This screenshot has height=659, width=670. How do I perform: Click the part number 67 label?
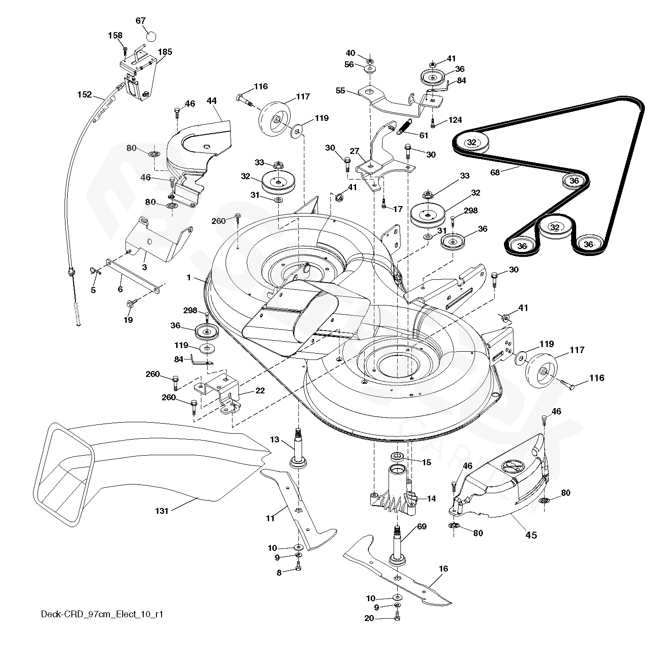click(140, 21)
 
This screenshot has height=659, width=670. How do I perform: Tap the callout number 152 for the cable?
click(84, 95)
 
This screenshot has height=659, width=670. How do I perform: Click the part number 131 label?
click(162, 511)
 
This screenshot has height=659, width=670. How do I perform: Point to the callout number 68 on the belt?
click(495, 172)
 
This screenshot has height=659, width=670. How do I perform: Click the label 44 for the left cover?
click(211, 100)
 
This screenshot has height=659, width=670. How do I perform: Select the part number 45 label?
click(531, 534)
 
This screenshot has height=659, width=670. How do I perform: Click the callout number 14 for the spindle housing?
click(431, 499)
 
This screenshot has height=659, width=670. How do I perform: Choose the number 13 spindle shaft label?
click(274, 439)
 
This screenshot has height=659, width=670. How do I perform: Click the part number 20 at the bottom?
click(369, 618)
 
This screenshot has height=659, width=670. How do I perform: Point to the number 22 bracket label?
click(260, 390)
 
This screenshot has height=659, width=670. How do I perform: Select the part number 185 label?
click(165, 52)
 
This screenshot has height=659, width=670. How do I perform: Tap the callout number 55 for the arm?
click(340, 91)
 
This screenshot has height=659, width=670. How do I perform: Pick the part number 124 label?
click(455, 120)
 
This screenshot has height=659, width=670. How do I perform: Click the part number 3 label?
click(144, 267)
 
